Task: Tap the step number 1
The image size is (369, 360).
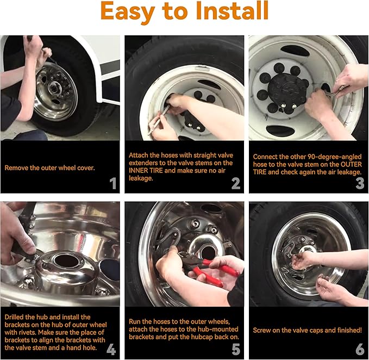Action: click(x=113, y=183)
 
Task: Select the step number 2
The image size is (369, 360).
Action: click(x=236, y=183)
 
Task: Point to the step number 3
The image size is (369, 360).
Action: click(x=360, y=183)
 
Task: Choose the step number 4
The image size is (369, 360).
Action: click(x=111, y=349)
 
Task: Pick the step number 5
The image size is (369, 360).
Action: click(x=236, y=349)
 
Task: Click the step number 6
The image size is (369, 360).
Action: click(x=360, y=349)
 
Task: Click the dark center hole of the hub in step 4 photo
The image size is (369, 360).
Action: click(x=65, y=262)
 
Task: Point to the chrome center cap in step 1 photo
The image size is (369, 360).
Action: click(x=55, y=88)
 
